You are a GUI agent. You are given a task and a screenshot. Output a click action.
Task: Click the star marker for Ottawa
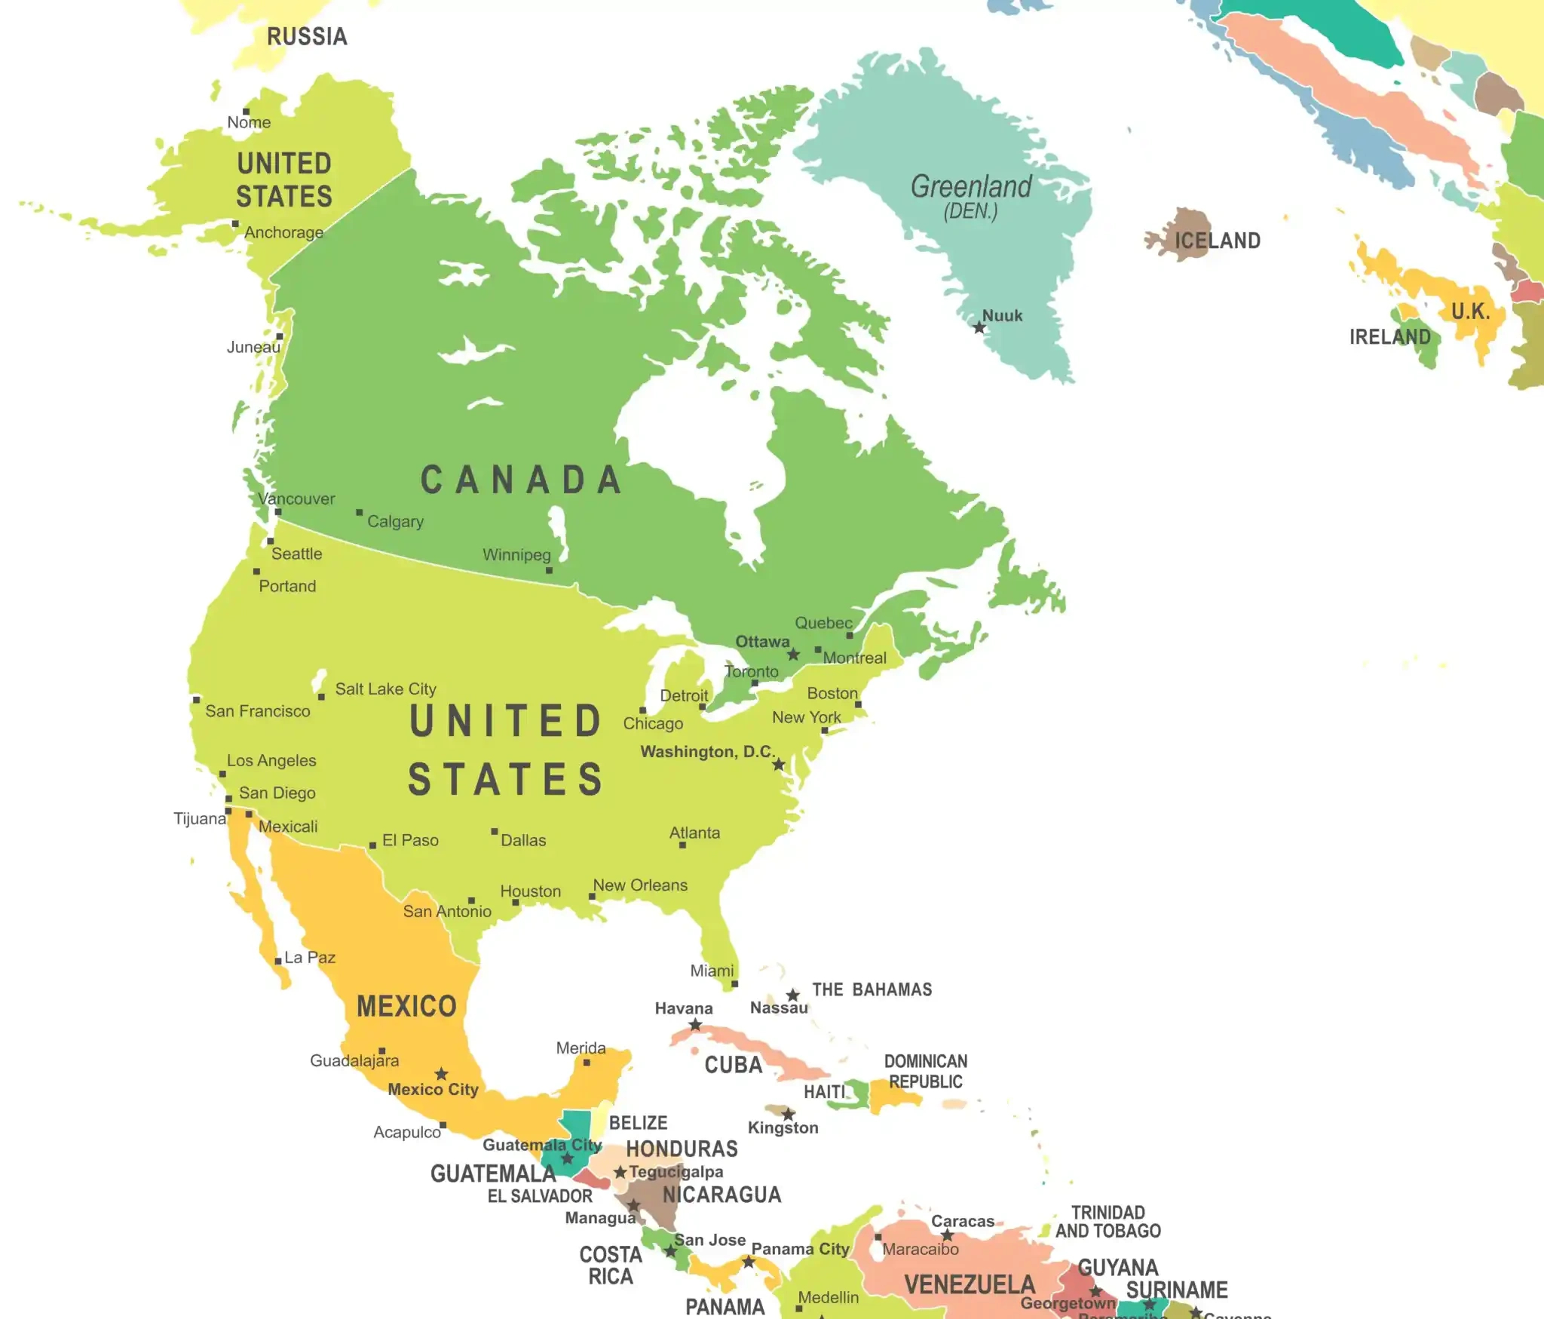(793, 655)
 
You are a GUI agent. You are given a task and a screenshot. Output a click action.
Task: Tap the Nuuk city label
(1002, 316)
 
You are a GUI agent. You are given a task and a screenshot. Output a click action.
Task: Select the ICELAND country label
(1218, 241)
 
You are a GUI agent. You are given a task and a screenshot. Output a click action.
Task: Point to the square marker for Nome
(246, 112)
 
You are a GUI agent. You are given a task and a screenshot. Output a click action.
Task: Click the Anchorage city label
(283, 232)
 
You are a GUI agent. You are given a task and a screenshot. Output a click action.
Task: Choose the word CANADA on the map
(521, 480)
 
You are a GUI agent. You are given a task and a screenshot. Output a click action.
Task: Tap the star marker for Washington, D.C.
(779, 765)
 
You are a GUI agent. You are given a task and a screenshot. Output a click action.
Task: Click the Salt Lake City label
(385, 689)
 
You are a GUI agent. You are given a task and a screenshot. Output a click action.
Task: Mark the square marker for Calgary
(360, 513)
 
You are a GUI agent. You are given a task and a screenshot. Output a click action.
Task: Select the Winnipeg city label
(516, 555)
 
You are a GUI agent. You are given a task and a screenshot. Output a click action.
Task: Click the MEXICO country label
(406, 1006)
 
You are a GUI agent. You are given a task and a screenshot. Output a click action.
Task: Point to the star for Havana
(696, 1025)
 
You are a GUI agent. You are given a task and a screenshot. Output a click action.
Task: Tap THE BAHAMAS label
(872, 989)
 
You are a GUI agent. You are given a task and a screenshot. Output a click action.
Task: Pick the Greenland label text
(971, 187)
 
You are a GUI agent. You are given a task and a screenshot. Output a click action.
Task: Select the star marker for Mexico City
(442, 1074)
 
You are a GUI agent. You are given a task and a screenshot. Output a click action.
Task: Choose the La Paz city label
(310, 958)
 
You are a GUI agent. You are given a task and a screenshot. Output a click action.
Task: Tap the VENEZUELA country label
(970, 1284)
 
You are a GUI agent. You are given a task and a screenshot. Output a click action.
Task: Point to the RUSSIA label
(307, 36)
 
